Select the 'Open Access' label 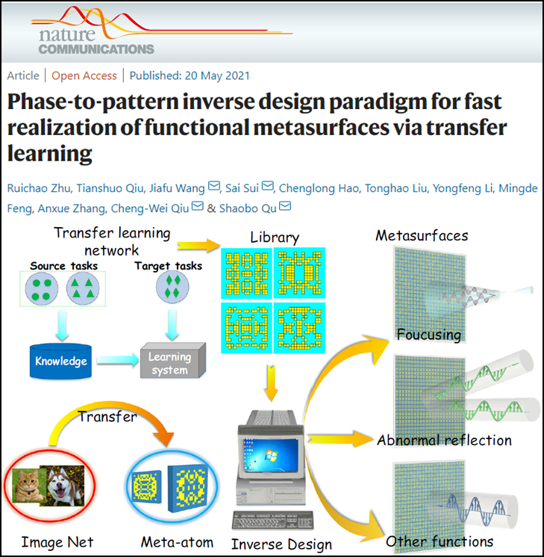pos(84,75)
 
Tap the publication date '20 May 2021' pos(217,75)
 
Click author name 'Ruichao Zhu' pos(39,188)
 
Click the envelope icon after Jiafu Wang pos(213,186)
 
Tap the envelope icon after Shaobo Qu pos(285,205)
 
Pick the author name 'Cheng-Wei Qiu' pos(149,208)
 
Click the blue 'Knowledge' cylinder pos(60,361)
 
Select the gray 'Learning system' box pos(173,361)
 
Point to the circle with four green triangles pos(83,288)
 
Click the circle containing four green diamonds pos(172,287)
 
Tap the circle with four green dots pos(42,289)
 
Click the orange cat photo pos(29,485)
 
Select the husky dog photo pos(62,485)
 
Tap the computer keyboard pos(272,520)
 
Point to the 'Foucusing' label pos(429,334)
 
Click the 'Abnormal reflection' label pos(444,441)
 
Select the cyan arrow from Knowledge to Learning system pos(118,360)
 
